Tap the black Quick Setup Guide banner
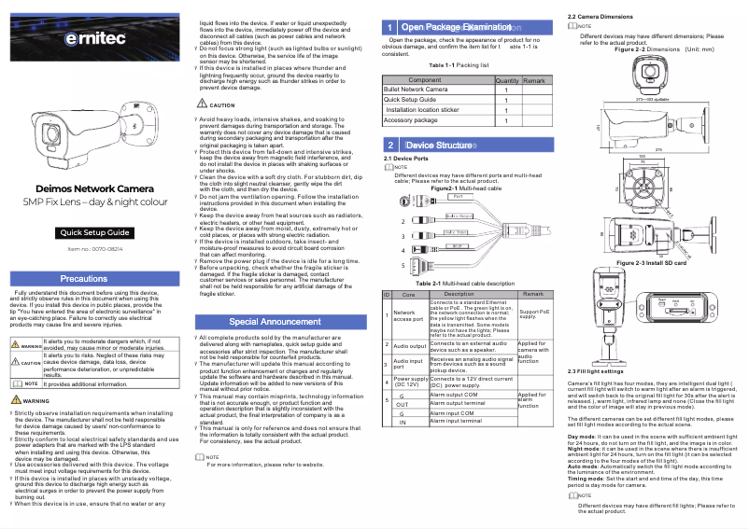[x=95, y=232]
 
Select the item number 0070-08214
[x=95, y=250]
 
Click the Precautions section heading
[x=95, y=278]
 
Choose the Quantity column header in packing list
[x=507, y=80]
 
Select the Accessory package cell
[x=412, y=119]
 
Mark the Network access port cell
[x=409, y=317]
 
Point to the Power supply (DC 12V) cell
[x=411, y=382]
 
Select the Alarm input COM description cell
[x=458, y=412]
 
